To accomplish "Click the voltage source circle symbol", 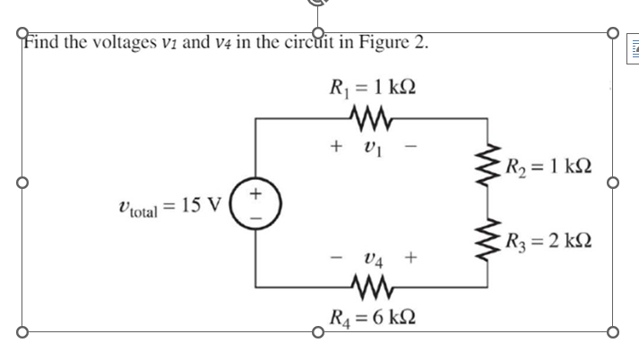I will [257, 202].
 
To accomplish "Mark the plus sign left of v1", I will [337, 142].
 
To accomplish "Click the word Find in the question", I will [40, 42].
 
